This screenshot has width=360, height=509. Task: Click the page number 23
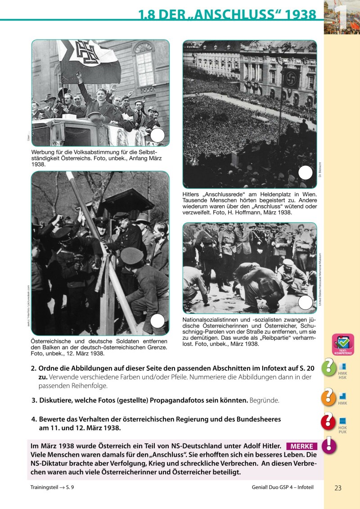pos(338,487)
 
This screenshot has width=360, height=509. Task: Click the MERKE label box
pos(301,446)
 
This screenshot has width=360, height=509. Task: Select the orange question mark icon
pos(328,396)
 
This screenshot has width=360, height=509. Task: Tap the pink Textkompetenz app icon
pos(343,345)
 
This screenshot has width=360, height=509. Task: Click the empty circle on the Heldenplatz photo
pos(306,172)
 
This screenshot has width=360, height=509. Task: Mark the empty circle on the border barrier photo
pos(157,320)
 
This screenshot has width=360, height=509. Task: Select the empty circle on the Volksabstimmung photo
pos(157,135)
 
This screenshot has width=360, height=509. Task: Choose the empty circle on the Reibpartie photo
pos(305,302)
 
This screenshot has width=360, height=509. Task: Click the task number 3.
pos(34,400)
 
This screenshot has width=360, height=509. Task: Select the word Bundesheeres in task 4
pos(255,419)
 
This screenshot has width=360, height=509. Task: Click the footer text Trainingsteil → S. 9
pos(51,487)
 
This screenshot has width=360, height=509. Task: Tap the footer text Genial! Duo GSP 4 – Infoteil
pos(282,487)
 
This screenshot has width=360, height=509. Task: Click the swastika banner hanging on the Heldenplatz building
pos(292,79)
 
